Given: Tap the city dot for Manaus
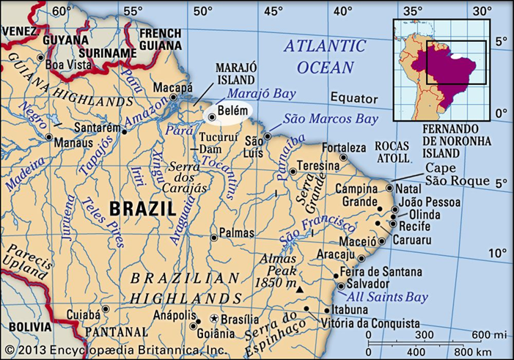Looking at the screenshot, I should pyautogui.click(x=48, y=137).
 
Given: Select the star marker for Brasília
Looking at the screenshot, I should pyautogui.click(x=214, y=319).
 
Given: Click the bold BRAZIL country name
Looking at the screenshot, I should pyautogui.click(x=142, y=209).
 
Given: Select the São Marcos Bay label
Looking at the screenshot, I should pyautogui.click(x=331, y=118).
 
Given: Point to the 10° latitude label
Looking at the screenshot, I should pyautogui.click(x=499, y=254).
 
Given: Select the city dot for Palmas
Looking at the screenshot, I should pyautogui.click(x=213, y=237).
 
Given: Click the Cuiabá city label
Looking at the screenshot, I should pyautogui.click(x=84, y=314).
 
